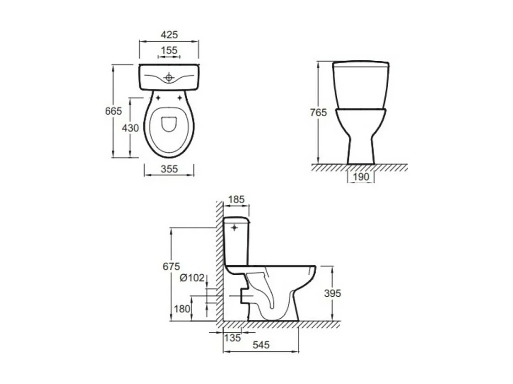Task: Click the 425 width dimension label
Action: [169, 35]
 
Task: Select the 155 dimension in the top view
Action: [169, 50]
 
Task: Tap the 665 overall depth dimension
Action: [114, 111]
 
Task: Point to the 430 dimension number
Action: [130, 128]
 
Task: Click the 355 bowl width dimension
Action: [169, 169]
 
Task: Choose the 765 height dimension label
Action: [318, 112]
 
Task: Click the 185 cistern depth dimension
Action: [236, 199]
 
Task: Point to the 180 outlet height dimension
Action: [182, 309]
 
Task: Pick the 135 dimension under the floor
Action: [232, 338]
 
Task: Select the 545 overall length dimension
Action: [261, 345]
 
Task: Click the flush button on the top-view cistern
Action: [169, 78]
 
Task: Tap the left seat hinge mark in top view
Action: [158, 98]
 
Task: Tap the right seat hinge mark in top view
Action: [179, 98]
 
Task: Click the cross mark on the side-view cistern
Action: [236, 227]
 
